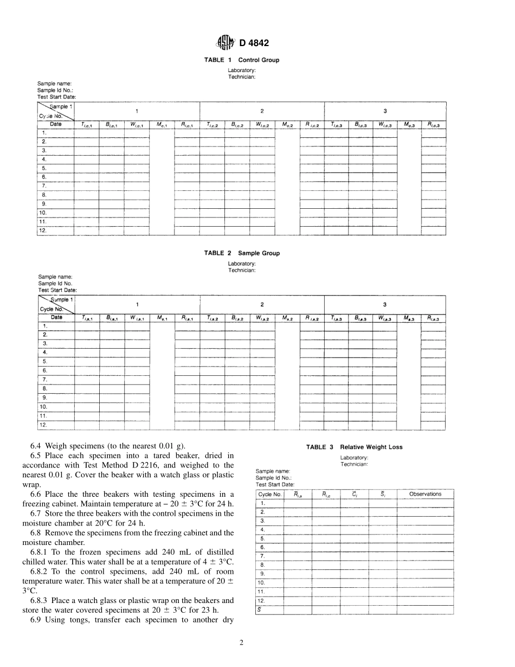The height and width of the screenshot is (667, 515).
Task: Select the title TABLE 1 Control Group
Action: (242, 60)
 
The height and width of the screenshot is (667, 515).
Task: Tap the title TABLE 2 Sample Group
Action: (242, 253)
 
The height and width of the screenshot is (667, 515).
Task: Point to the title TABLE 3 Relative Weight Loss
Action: (354, 447)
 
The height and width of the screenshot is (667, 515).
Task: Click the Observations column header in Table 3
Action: (425, 494)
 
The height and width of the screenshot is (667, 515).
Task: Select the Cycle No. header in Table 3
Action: (269, 494)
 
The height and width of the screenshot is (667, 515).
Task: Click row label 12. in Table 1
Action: (44, 230)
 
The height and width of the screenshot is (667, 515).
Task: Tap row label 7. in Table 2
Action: (45, 380)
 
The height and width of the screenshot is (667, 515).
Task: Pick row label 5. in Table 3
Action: (262, 538)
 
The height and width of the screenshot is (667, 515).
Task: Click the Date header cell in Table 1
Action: (55, 124)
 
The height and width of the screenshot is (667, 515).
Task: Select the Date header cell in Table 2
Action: (56, 318)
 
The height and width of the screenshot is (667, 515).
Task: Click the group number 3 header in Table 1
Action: (385, 111)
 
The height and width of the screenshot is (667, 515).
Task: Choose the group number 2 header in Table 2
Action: (262, 305)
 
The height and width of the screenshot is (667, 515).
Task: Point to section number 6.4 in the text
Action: (37, 446)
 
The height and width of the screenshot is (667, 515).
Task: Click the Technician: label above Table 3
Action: (354, 464)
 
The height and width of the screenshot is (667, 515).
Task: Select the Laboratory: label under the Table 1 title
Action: (242, 71)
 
